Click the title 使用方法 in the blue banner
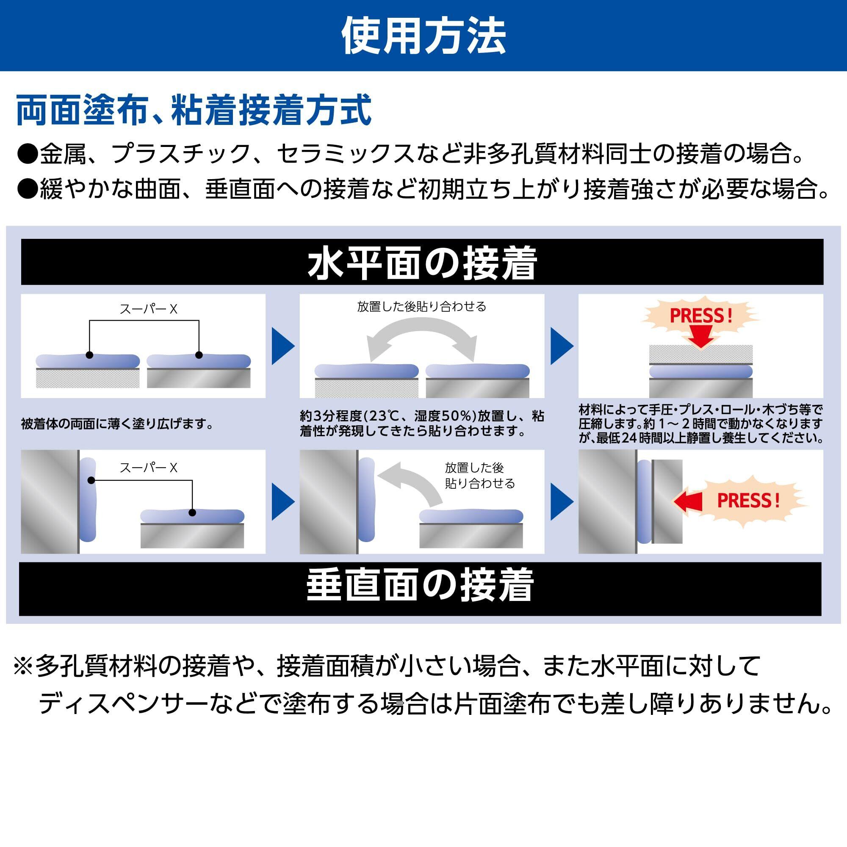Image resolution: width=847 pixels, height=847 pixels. click(423, 36)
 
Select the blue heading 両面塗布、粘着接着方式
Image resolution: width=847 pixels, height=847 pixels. click(194, 111)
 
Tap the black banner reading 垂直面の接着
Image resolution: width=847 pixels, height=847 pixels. click(420, 586)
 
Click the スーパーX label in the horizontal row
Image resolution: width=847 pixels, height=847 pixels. click(149, 310)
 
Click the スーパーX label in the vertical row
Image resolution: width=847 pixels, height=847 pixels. click(149, 468)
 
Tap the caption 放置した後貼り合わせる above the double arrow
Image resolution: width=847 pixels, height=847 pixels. click(422, 307)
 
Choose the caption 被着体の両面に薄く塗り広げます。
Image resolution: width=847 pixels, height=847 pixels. click(117, 424)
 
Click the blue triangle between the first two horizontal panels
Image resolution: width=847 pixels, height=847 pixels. click(283, 346)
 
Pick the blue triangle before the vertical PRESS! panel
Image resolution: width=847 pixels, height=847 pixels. click(562, 501)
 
